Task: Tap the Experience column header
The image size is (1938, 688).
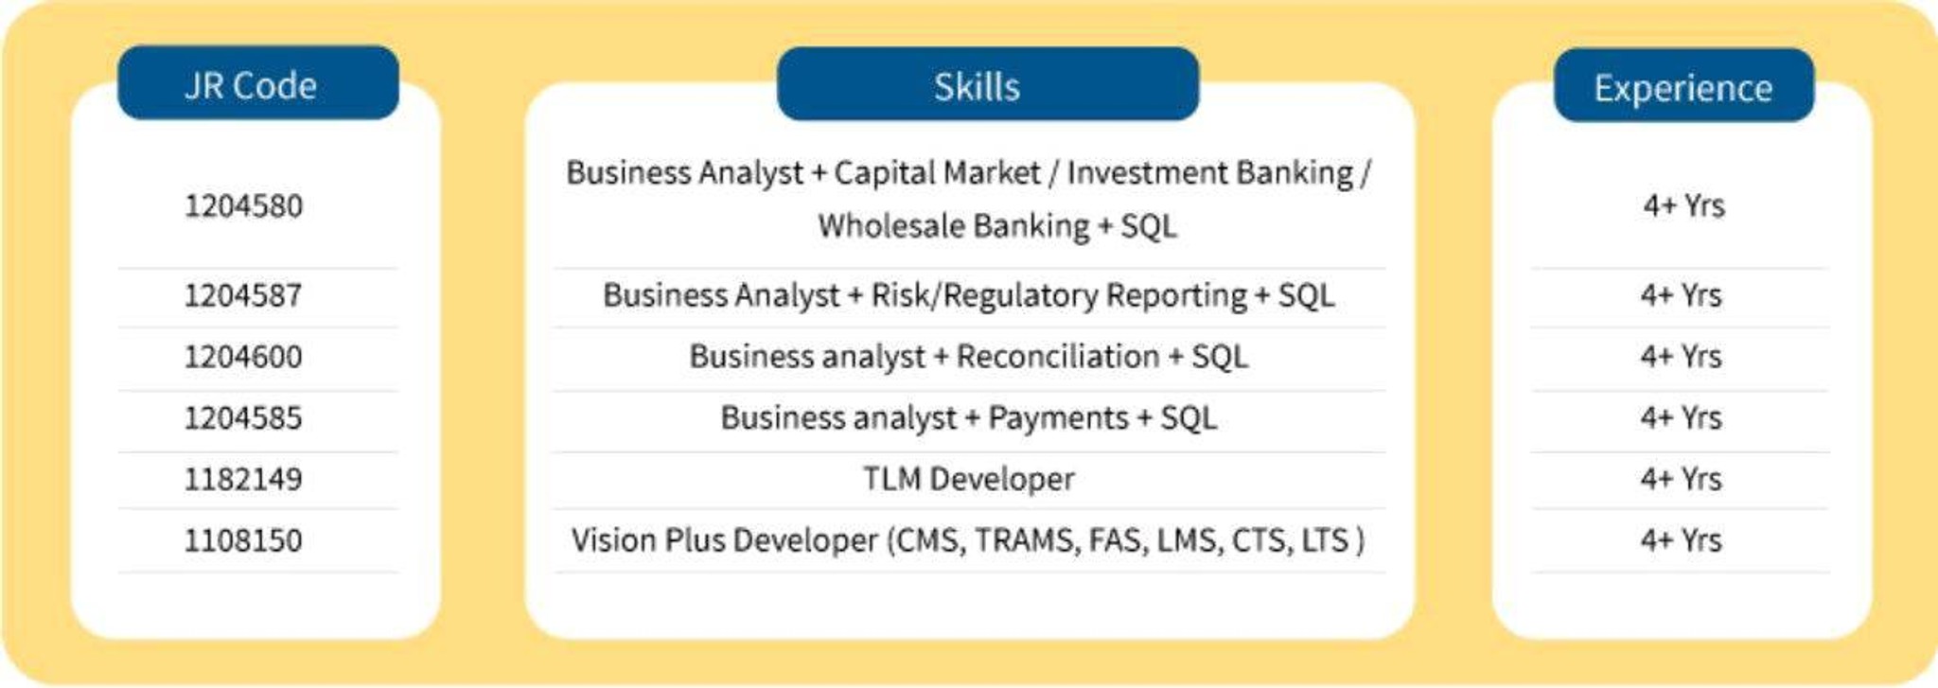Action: point(1683,86)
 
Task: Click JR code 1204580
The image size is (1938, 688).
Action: point(243,205)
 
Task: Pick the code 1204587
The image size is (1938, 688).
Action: point(243,295)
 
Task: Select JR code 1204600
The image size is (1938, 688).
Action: point(243,357)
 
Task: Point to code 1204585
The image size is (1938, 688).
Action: point(243,417)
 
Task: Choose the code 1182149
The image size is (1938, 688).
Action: point(243,479)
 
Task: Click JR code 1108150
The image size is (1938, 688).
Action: point(243,540)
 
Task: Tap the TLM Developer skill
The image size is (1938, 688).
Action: point(968,479)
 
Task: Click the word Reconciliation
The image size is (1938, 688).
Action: point(1057,357)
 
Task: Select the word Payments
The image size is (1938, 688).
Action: point(1058,417)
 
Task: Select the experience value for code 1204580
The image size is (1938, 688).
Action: point(1683,205)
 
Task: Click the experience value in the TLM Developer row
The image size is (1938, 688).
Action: point(1682,479)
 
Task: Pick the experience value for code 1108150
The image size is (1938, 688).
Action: point(1682,540)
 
